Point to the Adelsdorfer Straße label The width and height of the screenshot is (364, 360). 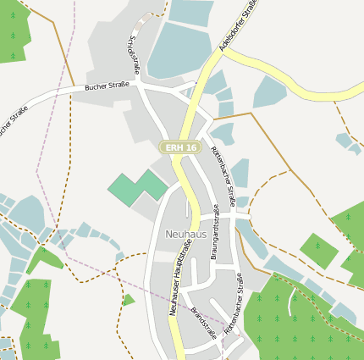[238, 25]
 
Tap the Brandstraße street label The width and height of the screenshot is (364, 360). [204, 323]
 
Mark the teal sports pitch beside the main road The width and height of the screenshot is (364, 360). [137, 186]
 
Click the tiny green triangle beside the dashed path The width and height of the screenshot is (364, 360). [128, 299]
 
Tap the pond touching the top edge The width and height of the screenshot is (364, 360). [191, 11]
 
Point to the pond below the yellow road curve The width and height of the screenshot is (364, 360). [269, 91]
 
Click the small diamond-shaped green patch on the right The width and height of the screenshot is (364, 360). [318, 250]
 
